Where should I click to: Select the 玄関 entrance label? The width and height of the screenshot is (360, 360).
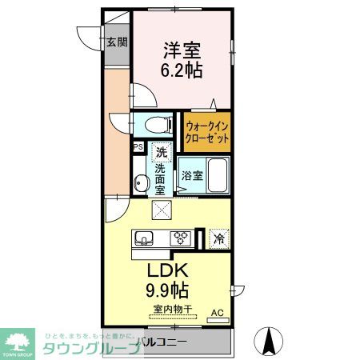117,43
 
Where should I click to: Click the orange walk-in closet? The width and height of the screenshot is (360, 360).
207,131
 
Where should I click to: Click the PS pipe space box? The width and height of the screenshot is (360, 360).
138,146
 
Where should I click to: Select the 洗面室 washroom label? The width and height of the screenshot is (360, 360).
160,178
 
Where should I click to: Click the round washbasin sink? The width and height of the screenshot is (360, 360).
142,183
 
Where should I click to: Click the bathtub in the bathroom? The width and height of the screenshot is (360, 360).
218,174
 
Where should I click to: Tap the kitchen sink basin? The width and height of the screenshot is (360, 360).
146,238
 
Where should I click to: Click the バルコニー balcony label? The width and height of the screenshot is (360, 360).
162,342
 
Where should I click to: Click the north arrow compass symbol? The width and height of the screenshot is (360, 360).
269,342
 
